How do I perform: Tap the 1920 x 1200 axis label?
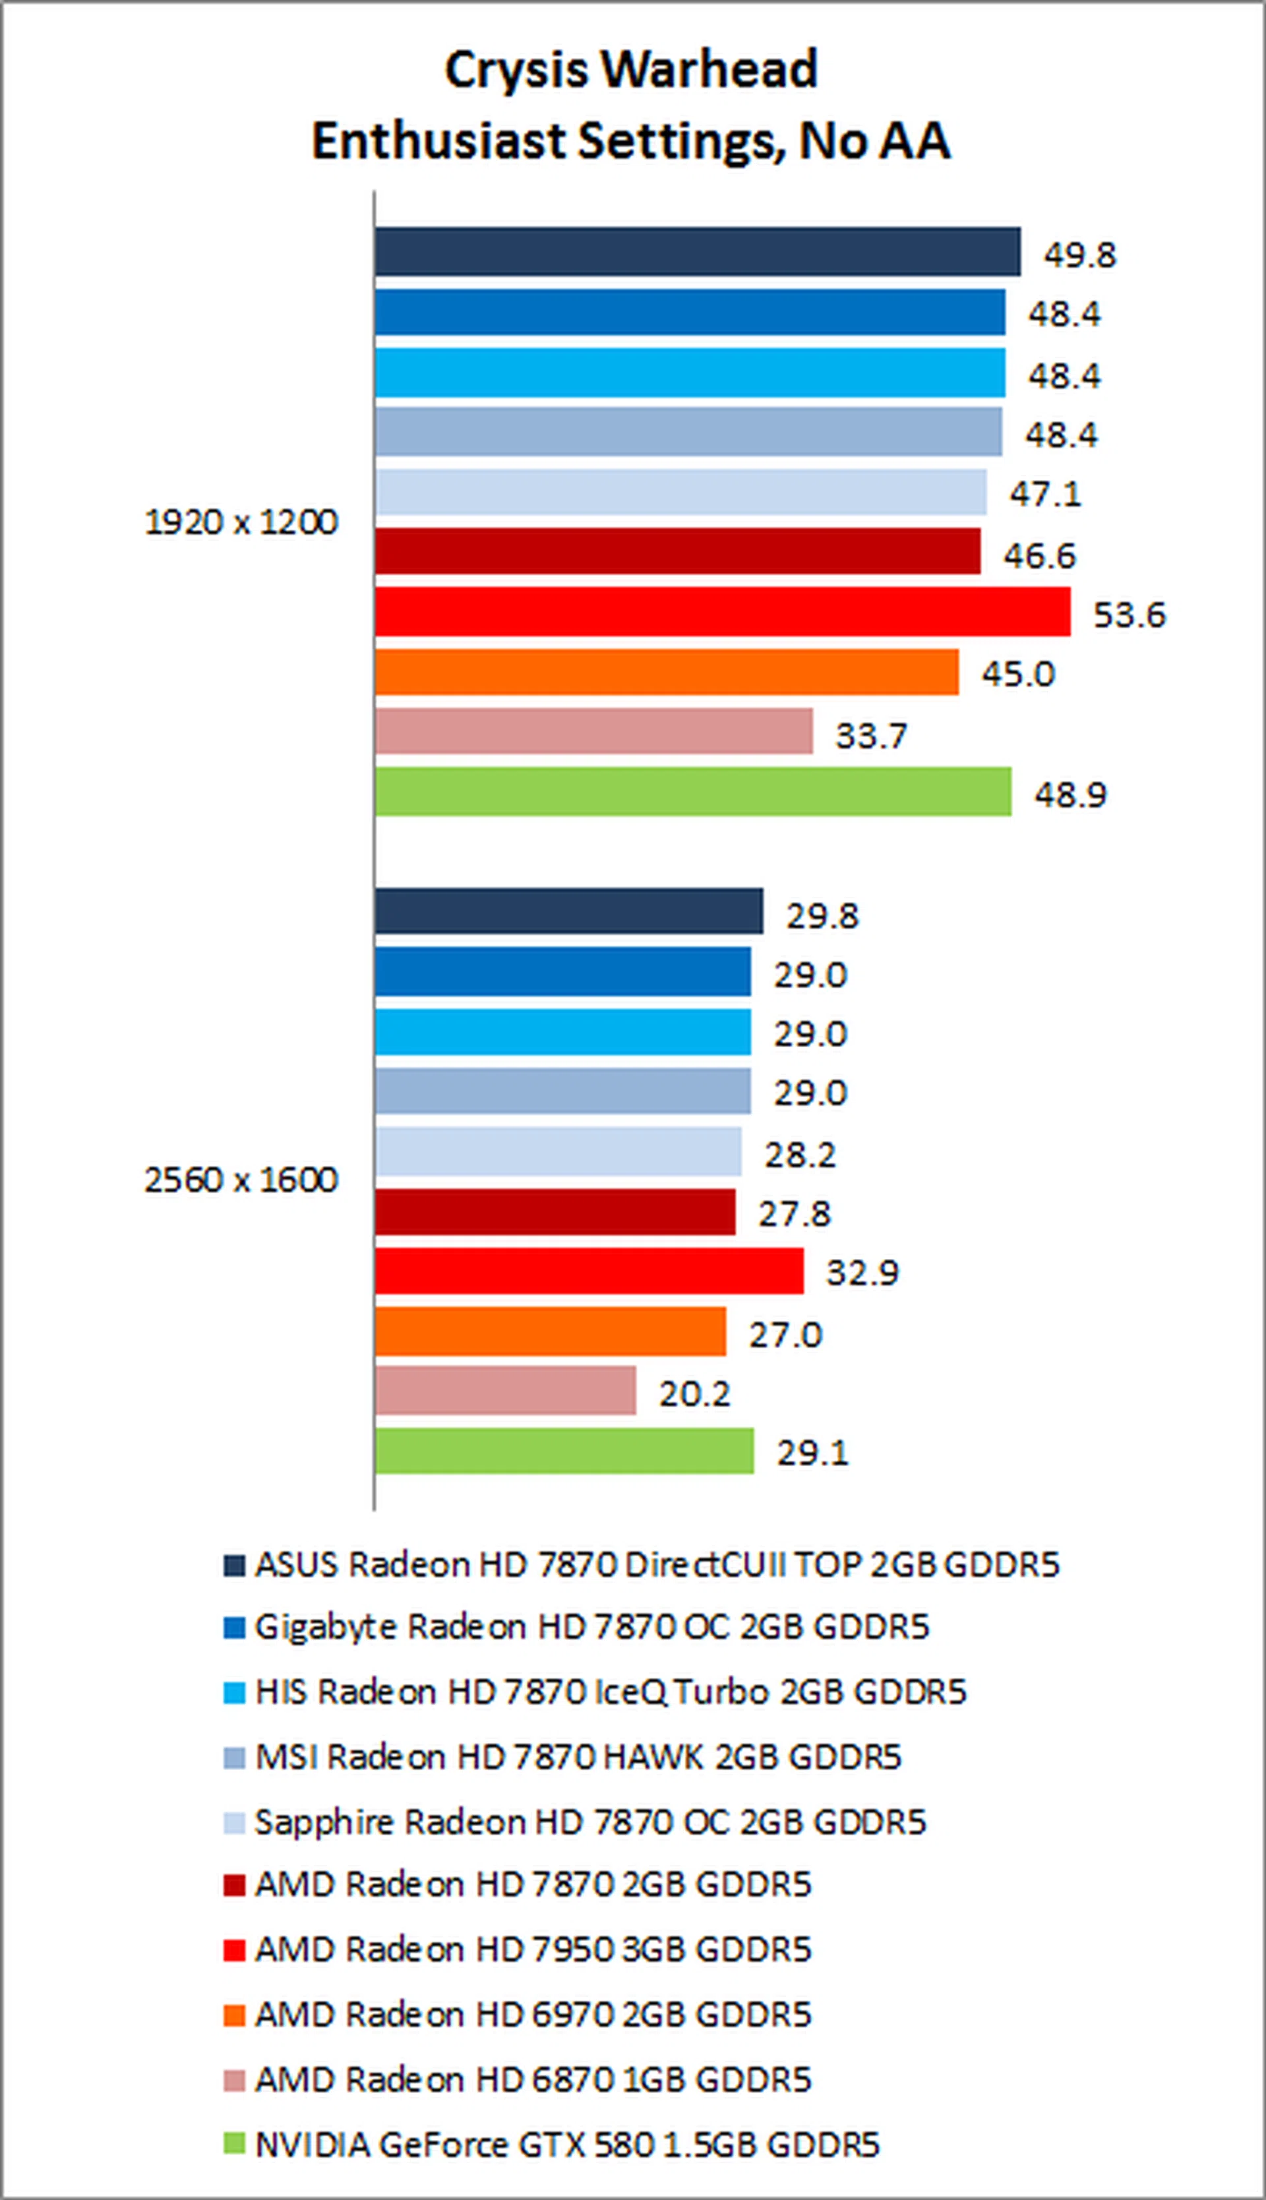click(x=241, y=522)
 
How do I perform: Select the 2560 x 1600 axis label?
click(x=241, y=1180)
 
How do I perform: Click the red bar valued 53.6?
click(x=722, y=612)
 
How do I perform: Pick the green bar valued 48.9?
click(x=693, y=792)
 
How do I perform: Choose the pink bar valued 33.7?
click(x=594, y=731)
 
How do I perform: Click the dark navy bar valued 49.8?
click(x=698, y=252)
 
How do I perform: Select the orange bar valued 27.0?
click(x=551, y=1331)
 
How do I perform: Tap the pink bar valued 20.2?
click(x=505, y=1390)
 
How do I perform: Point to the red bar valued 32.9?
click(x=589, y=1271)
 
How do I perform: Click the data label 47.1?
click(x=1045, y=494)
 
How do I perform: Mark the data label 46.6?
click(x=1040, y=556)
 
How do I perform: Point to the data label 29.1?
click(x=812, y=1453)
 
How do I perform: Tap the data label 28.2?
click(x=800, y=1155)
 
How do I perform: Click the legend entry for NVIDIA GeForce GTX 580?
click(x=567, y=2145)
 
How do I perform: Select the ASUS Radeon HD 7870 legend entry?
click(x=657, y=1565)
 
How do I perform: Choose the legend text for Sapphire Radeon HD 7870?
click(x=589, y=1821)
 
